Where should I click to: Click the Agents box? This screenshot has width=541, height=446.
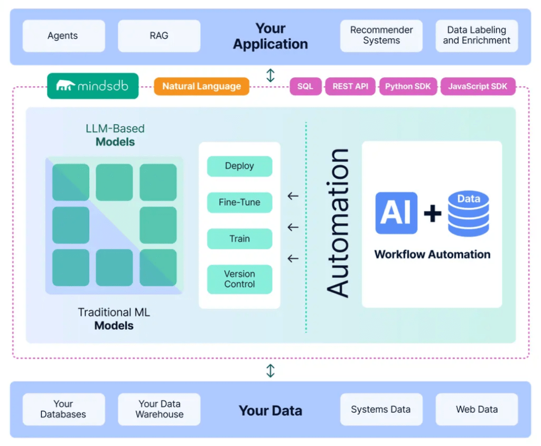63,36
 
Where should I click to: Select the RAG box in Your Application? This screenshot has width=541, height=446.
159,36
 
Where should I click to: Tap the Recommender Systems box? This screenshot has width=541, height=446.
381,36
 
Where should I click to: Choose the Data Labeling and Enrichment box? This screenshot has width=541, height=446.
477,36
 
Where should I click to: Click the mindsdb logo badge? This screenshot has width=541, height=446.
93,86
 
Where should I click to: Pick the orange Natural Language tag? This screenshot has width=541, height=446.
201,87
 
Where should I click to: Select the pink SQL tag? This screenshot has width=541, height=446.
305,87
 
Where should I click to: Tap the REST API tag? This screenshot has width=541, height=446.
350,87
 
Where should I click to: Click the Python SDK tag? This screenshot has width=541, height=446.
408,87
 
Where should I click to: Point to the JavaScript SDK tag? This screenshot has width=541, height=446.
478,87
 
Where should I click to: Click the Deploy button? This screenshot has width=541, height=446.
239,166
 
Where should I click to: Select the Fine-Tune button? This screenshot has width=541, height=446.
239,202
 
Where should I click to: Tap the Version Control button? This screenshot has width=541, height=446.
239,279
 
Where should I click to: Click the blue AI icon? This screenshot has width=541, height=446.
396,213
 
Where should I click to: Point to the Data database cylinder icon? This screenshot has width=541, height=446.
468,213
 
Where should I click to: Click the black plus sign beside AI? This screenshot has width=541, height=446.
433,213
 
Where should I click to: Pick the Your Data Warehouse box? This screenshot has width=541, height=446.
159,410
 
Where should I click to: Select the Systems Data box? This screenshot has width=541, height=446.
381,410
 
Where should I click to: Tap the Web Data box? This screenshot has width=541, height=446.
477,410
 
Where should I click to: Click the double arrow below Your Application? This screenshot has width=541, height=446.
270,75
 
